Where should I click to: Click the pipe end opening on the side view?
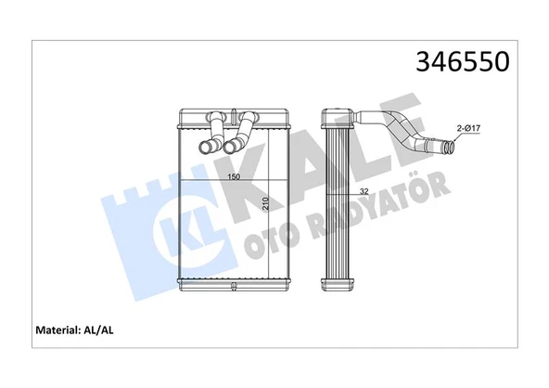point(450,147)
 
